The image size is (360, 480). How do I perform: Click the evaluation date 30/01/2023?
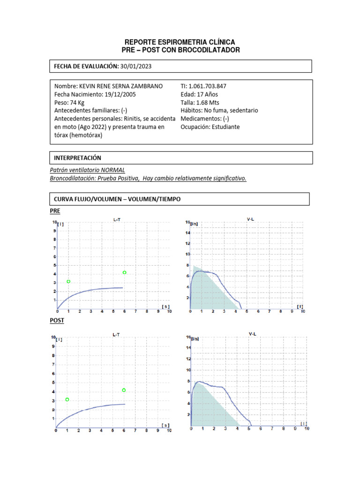136,67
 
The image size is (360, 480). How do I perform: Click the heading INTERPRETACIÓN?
78,158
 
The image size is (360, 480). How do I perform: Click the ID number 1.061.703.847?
207,86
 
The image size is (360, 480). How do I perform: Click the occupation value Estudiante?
225,127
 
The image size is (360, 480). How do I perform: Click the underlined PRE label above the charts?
55,211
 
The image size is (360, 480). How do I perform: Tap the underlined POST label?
57,321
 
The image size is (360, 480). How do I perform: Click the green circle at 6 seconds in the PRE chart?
124,272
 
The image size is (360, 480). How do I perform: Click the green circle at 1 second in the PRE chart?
68,281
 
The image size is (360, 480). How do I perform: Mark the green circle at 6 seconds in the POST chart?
124,390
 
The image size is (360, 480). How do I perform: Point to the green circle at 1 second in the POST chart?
67,399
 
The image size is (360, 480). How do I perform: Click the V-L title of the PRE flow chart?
251,219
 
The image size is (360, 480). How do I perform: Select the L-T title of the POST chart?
116,334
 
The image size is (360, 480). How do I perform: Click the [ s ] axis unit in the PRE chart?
165,306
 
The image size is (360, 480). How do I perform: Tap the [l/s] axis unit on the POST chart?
195,338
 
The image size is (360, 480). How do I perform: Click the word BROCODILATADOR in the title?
209,50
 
